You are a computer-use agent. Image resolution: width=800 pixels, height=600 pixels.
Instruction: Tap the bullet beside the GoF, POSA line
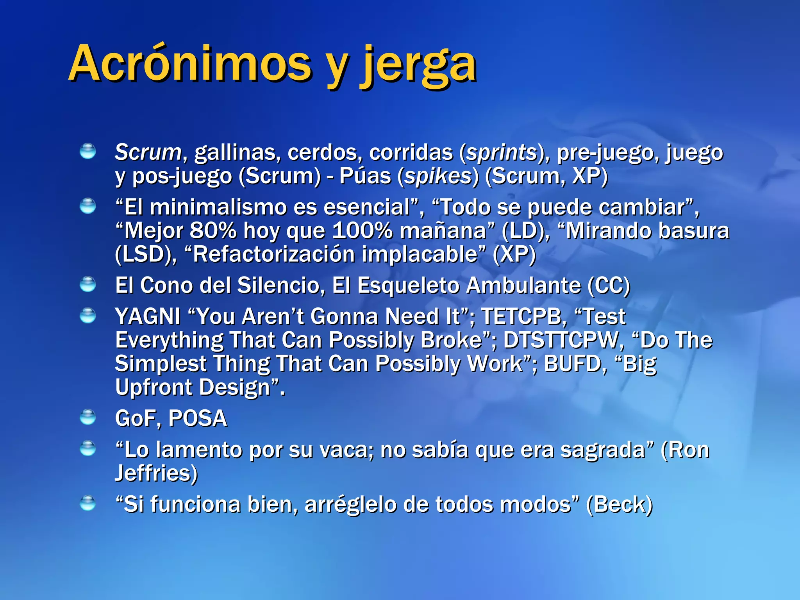(x=87, y=417)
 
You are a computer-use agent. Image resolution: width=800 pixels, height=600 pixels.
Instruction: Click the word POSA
(x=198, y=418)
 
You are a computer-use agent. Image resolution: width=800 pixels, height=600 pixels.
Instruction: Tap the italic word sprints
(x=502, y=152)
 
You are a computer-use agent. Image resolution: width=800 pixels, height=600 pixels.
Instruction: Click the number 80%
(x=213, y=230)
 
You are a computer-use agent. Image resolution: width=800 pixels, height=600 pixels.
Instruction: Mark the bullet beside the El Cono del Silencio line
(x=87, y=284)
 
